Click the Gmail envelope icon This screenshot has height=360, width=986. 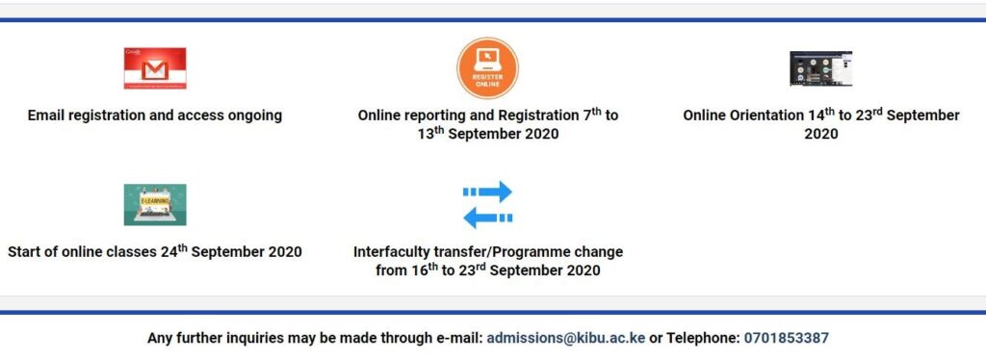(155, 67)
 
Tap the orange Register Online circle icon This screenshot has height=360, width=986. (487, 67)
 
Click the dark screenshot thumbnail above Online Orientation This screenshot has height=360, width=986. (820, 68)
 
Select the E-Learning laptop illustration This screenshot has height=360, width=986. (155, 204)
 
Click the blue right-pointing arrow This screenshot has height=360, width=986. (487, 191)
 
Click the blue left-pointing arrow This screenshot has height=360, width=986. (487, 218)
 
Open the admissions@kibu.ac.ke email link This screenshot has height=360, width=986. (566, 338)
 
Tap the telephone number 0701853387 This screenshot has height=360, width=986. (786, 338)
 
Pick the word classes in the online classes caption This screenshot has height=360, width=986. (131, 252)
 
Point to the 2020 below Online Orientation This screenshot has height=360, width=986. (821, 134)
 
